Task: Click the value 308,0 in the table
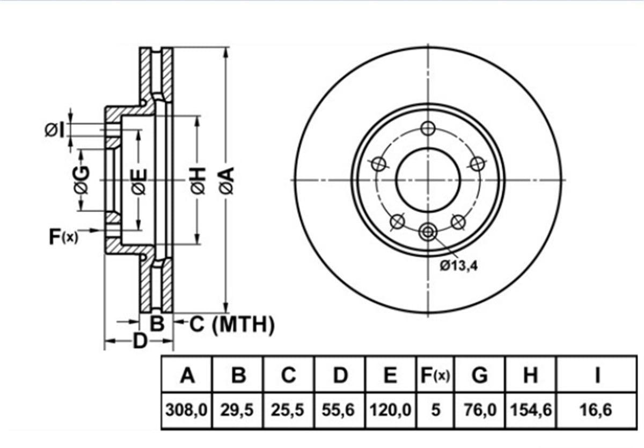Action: click(186, 410)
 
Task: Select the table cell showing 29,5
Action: click(237, 410)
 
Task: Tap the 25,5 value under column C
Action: click(288, 410)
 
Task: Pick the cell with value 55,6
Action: click(339, 410)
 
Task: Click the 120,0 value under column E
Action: click(390, 410)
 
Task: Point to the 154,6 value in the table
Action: click(531, 410)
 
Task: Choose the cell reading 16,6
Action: click(596, 410)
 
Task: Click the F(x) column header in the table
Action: click(435, 375)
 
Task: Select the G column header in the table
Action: click(480, 375)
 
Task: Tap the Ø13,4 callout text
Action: click(459, 266)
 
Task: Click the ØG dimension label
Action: click(82, 180)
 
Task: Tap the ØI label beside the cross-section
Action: click(54, 130)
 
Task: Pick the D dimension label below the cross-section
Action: click(140, 341)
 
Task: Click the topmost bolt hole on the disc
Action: click(428, 128)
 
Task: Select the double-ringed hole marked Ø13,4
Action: click(428, 232)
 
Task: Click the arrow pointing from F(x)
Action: click(90, 230)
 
